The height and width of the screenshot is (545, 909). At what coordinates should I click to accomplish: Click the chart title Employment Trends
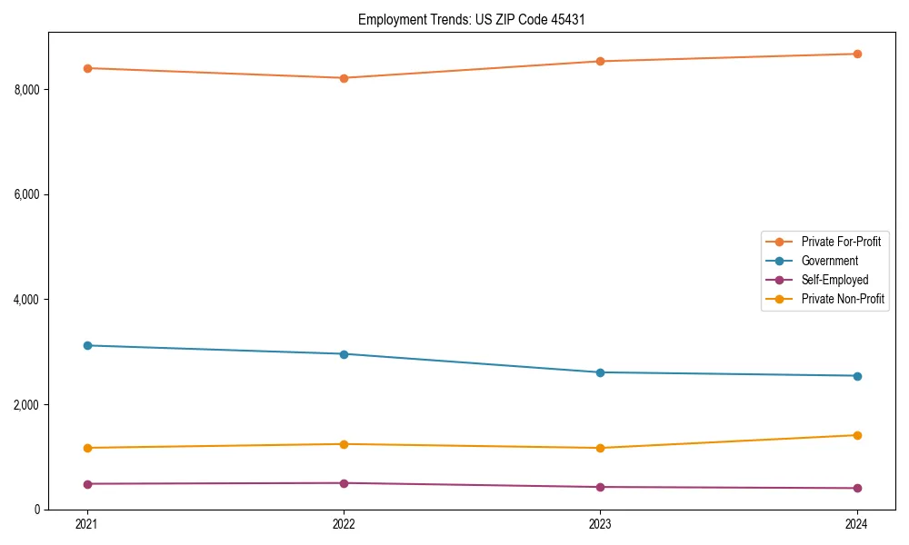(x=477, y=19)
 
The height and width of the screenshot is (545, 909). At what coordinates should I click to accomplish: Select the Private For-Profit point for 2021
(x=87, y=68)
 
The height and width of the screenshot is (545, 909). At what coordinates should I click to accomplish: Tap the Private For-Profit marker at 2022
(x=344, y=78)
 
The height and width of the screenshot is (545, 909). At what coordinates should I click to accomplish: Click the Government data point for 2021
(x=87, y=345)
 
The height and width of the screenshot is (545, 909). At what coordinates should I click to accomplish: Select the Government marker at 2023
(x=601, y=372)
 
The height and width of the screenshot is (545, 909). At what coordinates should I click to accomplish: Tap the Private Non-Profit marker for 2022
(x=344, y=444)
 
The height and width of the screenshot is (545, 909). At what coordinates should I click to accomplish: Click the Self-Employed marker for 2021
(x=87, y=484)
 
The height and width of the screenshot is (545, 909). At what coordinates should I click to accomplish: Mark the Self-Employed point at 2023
(x=601, y=487)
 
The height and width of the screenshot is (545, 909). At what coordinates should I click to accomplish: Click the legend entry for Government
(x=829, y=261)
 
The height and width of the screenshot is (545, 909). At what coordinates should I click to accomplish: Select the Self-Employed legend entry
(x=834, y=280)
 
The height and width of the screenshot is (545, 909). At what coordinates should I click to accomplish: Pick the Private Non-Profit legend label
(x=843, y=299)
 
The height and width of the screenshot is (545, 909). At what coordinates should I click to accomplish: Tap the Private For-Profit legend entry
(x=841, y=242)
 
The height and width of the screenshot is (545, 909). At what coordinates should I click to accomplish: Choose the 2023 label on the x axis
(x=601, y=524)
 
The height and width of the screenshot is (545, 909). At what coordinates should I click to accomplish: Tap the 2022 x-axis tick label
(x=344, y=524)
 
